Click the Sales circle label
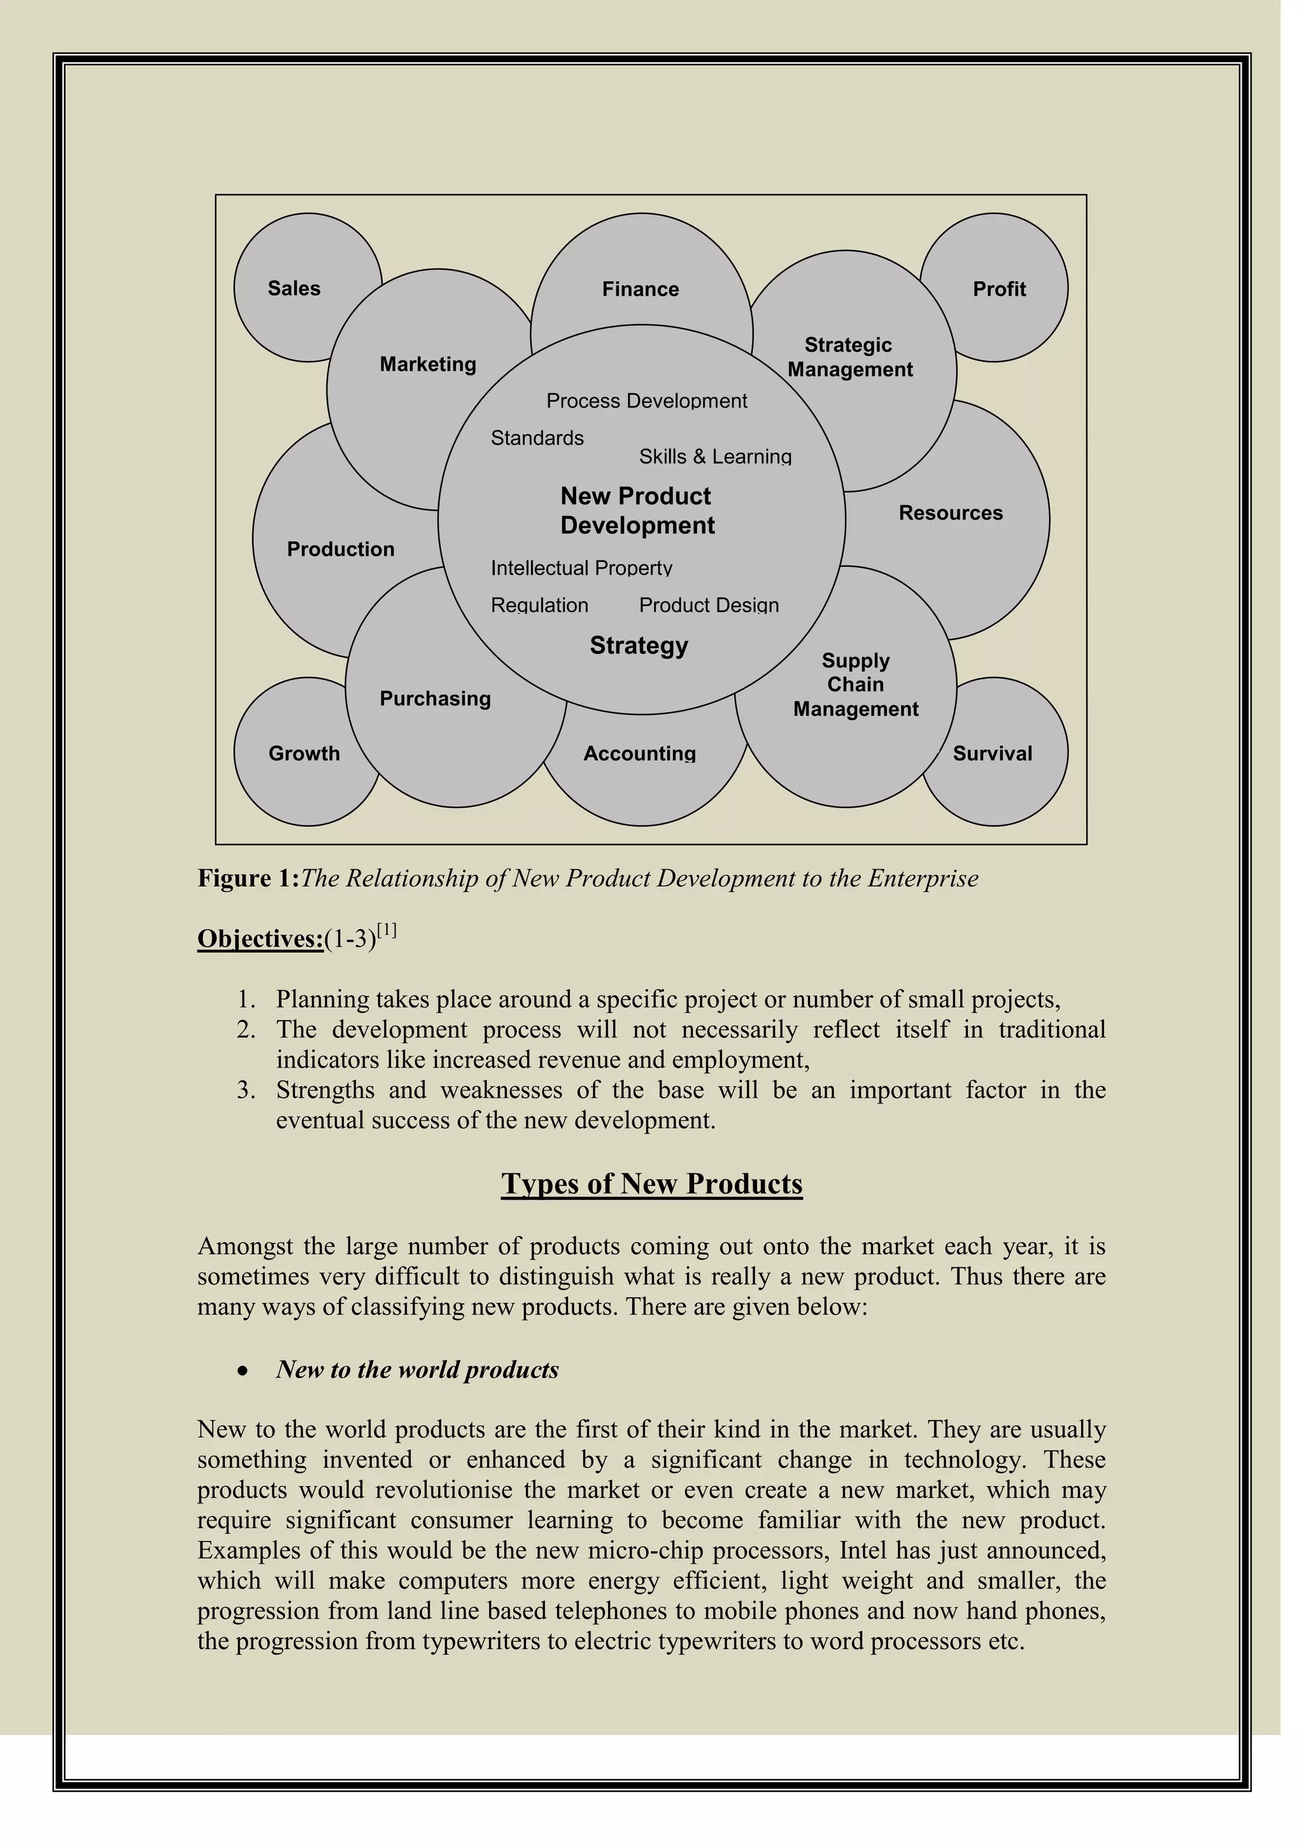294,288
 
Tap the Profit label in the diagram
999,289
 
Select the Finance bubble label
640,289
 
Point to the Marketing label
428,365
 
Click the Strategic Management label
849,357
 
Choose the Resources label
951,513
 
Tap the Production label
341,550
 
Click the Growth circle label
304,753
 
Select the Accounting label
639,753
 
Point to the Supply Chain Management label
856,685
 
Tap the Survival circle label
993,753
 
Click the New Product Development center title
637,511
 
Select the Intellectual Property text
581,569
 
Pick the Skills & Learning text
714,457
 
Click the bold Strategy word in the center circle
639,646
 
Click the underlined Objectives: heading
260,939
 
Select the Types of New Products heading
651,1184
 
